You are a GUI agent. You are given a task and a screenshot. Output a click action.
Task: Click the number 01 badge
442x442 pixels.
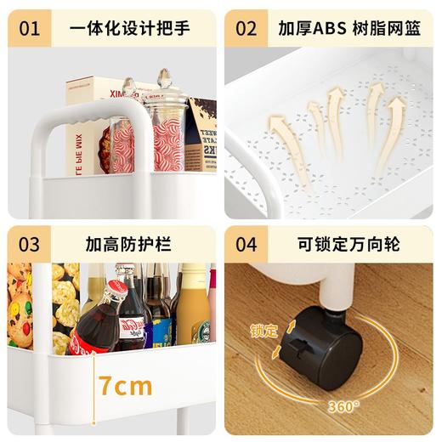(30, 29)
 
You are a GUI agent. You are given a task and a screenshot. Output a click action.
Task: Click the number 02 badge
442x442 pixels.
(246, 29)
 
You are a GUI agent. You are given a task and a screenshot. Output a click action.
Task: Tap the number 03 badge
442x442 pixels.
(30, 245)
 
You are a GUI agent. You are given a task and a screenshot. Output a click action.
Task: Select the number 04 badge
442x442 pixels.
(246, 245)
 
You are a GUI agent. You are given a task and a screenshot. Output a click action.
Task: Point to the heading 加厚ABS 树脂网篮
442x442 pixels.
(348, 29)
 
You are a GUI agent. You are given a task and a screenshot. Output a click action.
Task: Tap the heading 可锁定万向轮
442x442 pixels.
(348, 245)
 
